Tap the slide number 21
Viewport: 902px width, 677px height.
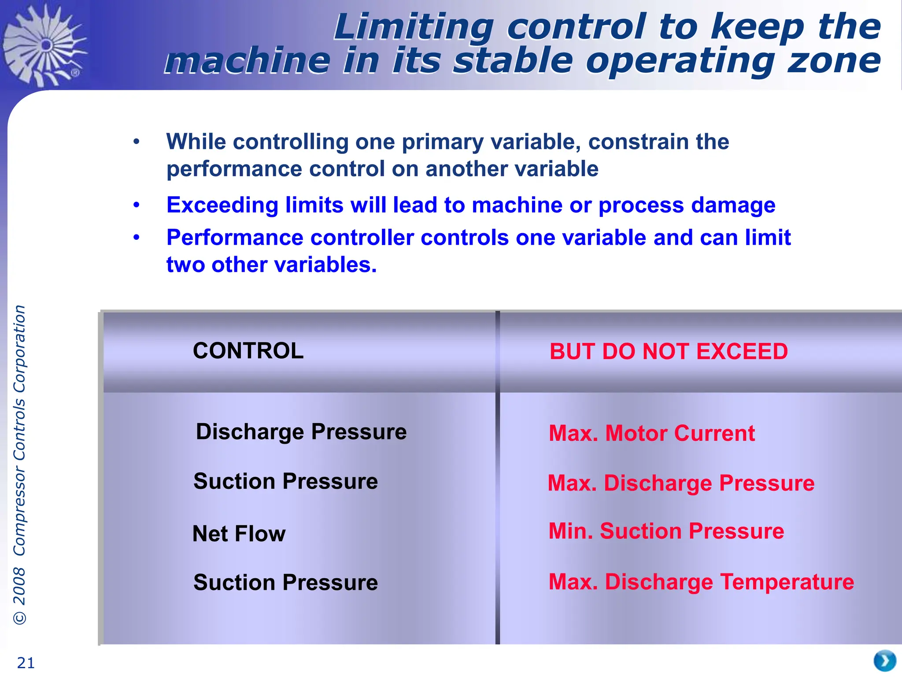coord(26,663)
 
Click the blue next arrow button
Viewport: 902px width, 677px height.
coord(884,660)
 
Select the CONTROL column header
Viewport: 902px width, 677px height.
coord(248,351)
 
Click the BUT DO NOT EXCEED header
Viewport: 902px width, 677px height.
coord(668,352)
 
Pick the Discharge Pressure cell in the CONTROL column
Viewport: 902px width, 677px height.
coord(301,432)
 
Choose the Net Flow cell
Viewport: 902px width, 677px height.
coord(239,534)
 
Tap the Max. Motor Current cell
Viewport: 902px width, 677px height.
coord(652,433)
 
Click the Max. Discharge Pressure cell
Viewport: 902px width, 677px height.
coord(681,483)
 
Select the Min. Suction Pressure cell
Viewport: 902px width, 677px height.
coord(666,531)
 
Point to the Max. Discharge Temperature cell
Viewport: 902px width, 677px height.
coord(701,582)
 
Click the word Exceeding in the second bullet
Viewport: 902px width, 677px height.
coord(222,205)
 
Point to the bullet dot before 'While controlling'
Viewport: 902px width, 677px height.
coord(137,142)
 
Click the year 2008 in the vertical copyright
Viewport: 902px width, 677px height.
coord(19,586)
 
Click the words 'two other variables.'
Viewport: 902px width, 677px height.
coord(271,265)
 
